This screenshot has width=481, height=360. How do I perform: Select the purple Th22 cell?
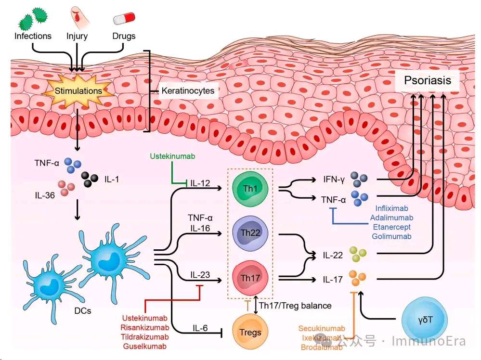click(x=249, y=233)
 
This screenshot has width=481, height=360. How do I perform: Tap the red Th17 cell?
click(x=249, y=278)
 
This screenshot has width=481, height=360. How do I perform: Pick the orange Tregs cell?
click(x=250, y=332)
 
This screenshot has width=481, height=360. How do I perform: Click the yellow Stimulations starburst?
click(x=78, y=91)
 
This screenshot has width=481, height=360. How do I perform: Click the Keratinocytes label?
click(x=188, y=90)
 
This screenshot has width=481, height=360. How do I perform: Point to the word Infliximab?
click(x=392, y=208)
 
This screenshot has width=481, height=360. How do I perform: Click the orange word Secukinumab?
click(x=322, y=329)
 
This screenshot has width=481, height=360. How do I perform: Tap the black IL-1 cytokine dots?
click(x=90, y=179)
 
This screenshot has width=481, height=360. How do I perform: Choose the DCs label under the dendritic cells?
click(x=83, y=310)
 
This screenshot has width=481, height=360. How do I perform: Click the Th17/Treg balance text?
click(x=295, y=305)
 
